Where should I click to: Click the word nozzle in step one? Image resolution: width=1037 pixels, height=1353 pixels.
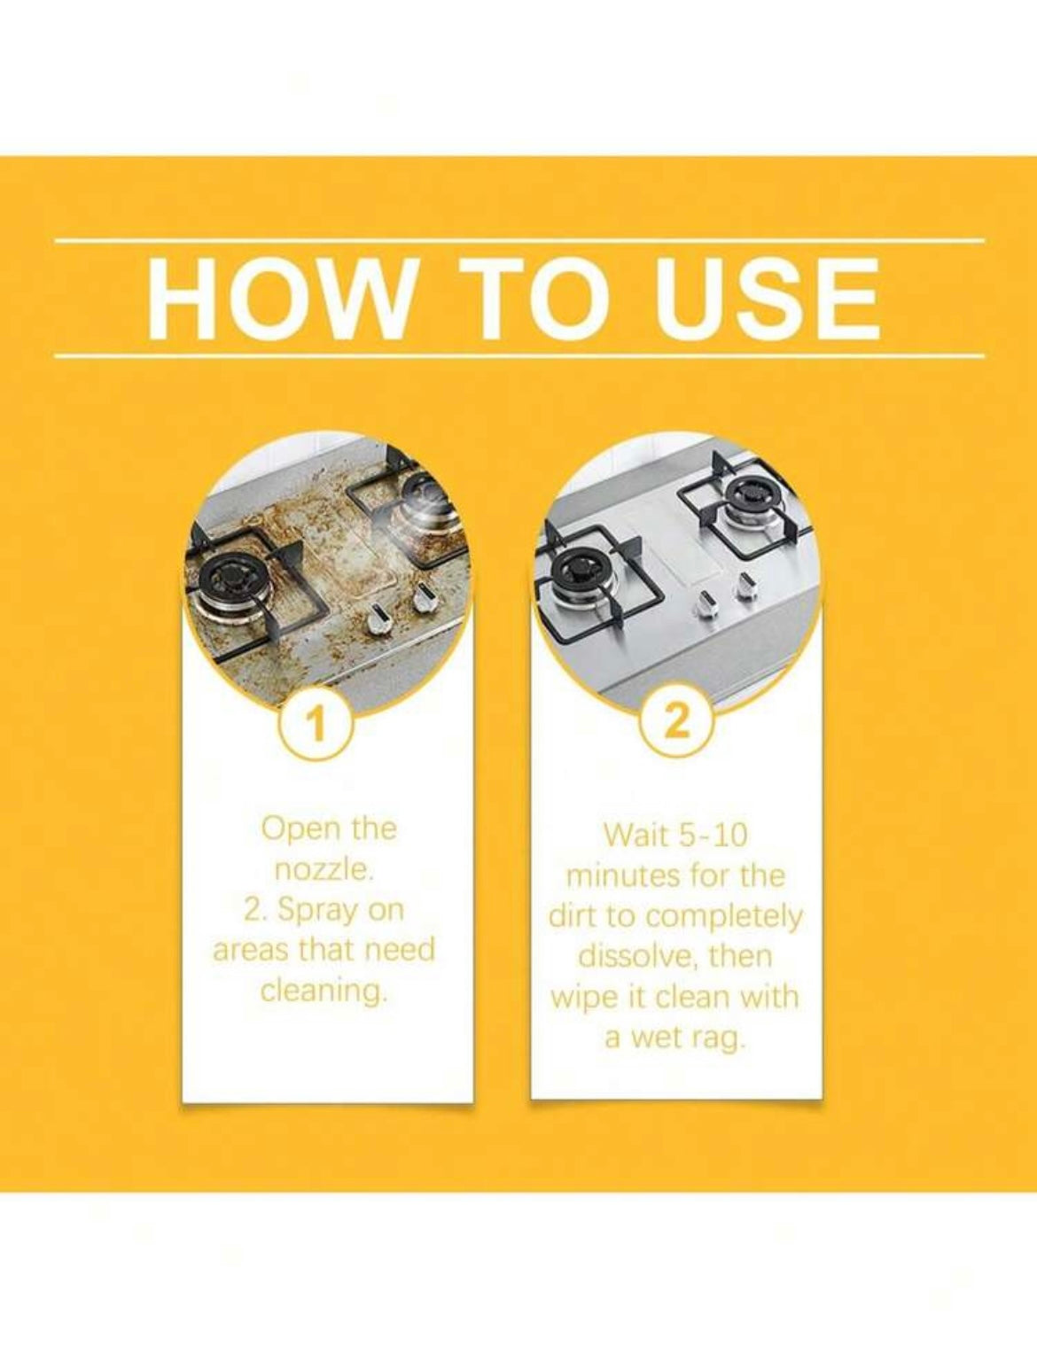tap(324, 870)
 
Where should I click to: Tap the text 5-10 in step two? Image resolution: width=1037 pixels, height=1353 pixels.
tap(713, 836)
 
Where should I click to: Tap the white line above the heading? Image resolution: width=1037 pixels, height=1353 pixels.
tap(518, 240)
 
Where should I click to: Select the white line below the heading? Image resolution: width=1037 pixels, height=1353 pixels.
tap(518, 357)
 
